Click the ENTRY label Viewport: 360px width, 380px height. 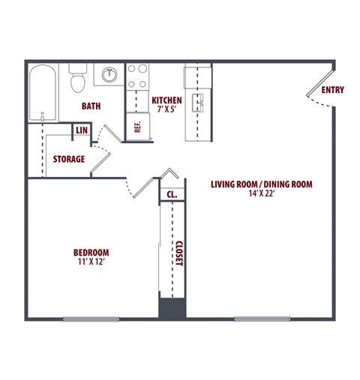(x=332, y=90)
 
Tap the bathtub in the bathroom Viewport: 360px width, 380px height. (x=42, y=93)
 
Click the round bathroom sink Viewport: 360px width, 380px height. (x=109, y=74)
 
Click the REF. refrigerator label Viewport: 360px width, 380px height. (x=138, y=125)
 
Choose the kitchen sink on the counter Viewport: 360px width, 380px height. (x=198, y=103)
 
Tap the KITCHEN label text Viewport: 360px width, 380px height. (x=166, y=100)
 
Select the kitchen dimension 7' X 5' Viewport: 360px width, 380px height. (x=166, y=110)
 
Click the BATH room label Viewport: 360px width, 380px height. (x=91, y=106)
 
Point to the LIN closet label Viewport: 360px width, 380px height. (x=81, y=131)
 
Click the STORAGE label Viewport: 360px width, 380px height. (x=68, y=159)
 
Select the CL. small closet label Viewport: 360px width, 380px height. (x=171, y=195)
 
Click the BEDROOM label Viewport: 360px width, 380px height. (x=91, y=252)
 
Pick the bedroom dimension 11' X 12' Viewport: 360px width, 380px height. (x=91, y=262)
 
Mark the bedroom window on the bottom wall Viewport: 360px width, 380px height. (x=91, y=319)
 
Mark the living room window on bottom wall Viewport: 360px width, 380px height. (x=262, y=319)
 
